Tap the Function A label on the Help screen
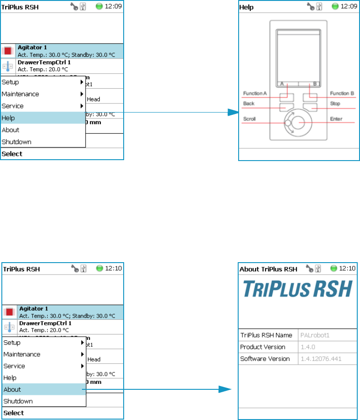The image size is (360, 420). (x=255, y=94)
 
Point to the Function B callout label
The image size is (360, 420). (x=343, y=94)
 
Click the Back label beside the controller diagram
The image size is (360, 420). (x=249, y=104)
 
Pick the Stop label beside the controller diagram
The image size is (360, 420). (x=335, y=104)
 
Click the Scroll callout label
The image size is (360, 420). (x=250, y=119)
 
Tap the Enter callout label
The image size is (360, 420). (x=336, y=119)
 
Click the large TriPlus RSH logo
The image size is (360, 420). (x=297, y=289)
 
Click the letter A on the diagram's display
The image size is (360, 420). (x=283, y=84)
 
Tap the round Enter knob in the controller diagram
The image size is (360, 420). (x=299, y=122)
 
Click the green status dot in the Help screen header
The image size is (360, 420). (x=335, y=6)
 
